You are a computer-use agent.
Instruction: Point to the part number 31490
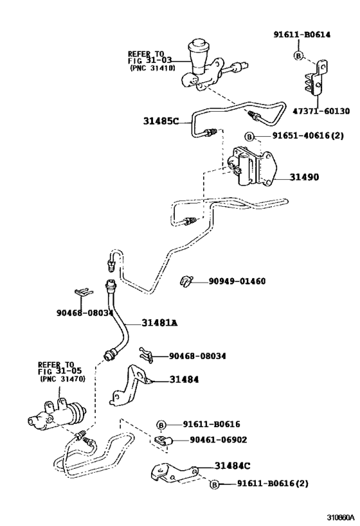pyautogui.click(x=303, y=177)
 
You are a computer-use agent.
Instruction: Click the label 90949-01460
pyautogui.click(x=236, y=281)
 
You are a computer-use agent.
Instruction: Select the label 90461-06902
pyautogui.click(x=218, y=440)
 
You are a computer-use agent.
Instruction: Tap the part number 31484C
pyautogui.click(x=233, y=464)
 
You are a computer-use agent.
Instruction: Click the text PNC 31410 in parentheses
pyautogui.click(x=152, y=67)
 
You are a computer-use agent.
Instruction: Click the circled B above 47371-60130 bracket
pyautogui.click(x=298, y=56)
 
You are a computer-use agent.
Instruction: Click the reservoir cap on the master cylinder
pyautogui.click(x=198, y=48)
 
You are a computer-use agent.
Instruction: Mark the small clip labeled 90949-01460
pyautogui.click(x=186, y=280)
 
